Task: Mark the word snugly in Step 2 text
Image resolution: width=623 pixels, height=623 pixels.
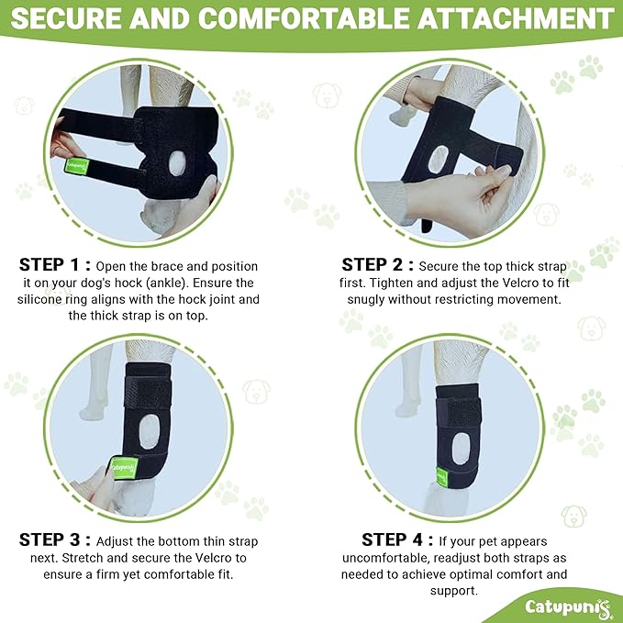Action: (x=382, y=299)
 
